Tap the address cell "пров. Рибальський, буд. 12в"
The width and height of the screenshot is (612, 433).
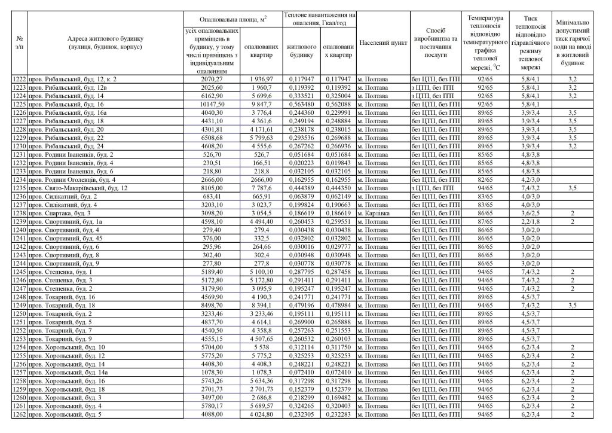click(68, 87)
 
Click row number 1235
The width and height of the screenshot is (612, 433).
click(20, 188)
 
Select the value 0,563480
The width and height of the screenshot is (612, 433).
click(299, 103)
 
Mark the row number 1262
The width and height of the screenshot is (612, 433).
click(20, 414)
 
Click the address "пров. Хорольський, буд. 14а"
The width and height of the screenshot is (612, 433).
click(68, 372)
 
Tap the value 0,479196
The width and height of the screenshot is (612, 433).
click(299, 305)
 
